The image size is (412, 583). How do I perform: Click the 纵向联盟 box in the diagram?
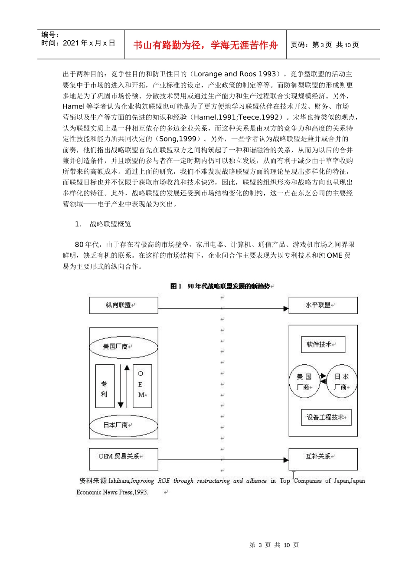coord(124,305)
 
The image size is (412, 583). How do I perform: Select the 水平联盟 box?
coord(323,305)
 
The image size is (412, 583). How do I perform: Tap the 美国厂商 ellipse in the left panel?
coord(124,347)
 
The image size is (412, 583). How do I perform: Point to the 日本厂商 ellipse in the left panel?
coord(124,425)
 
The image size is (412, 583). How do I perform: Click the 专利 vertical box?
coord(105,386)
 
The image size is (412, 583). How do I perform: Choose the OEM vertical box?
coord(142,386)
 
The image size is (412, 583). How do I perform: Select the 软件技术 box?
coord(323,344)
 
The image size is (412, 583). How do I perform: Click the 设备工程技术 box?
coord(326,417)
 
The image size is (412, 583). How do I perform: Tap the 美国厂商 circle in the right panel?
coord(304,382)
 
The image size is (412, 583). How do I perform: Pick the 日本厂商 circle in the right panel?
coord(342,382)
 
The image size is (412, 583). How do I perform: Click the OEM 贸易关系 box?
coord(124,459)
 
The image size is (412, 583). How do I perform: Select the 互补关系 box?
coord(323,459)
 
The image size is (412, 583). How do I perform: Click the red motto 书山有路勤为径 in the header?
coord(205,45)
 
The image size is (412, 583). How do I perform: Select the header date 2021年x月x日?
coord(89,43)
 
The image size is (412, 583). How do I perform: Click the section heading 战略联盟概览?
coord(110,224)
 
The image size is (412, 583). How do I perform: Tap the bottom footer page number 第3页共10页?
coord(274,545)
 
